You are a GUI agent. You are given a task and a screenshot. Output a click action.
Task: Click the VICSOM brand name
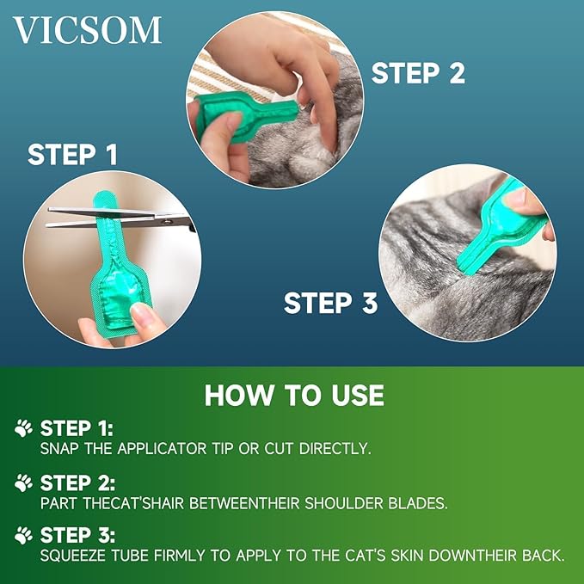(x=88, y=30)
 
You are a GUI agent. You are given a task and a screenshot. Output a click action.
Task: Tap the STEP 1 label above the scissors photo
(x=72, y=155)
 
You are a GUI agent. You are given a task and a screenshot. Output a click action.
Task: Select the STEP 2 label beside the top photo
(x=418, y=73)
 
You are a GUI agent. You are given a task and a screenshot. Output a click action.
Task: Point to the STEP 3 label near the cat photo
(x=330, y=303)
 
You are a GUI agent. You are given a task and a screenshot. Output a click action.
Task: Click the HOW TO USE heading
(x=293, y=395)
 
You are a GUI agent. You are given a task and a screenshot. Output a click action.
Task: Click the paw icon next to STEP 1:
(x=24, y=427)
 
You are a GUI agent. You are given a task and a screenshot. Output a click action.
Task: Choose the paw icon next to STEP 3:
(x=24, y=535)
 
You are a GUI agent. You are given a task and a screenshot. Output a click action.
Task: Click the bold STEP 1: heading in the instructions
(x=77, y=427)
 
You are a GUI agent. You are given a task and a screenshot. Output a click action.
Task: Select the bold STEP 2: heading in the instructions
(x=77, y=482)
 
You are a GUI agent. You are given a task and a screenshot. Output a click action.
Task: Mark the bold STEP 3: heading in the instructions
(x=77, y=535)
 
